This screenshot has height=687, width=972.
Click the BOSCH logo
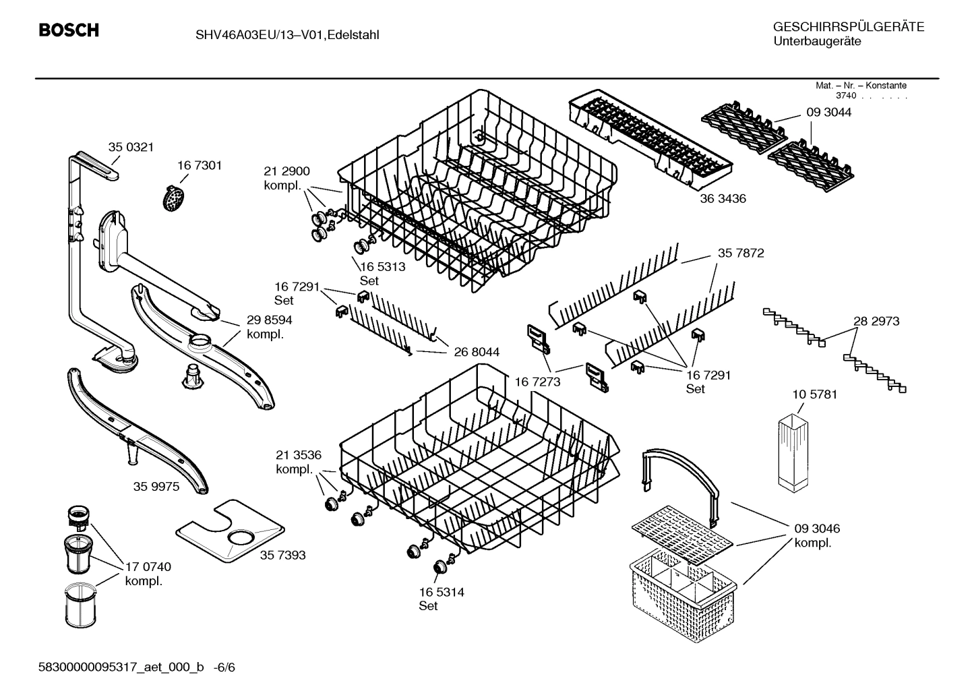tap(69, 30)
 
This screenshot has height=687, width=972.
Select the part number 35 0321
tap(131, 147)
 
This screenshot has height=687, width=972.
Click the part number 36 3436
tap(723, 199)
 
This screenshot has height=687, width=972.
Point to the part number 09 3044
tap(828, 113)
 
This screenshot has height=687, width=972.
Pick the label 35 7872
tap(741, 253)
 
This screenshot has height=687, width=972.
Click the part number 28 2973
tap(876, 322)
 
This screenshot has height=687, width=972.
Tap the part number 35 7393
tap(282, 555)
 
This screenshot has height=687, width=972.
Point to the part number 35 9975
tap(156, 486)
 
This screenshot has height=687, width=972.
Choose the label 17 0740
tap(148, 567)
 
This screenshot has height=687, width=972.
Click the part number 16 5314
tap(442, 592)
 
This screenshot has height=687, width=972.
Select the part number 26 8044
tap(476, 352)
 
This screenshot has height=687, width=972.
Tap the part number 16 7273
tap(538, 382)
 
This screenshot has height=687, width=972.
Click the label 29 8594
tap(269, 320)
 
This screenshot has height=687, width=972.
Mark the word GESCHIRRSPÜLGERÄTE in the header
tap(848, 27)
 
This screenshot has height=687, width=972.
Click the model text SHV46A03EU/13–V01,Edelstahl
tap(282, 34)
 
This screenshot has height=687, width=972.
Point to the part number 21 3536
tap(299, 454)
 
